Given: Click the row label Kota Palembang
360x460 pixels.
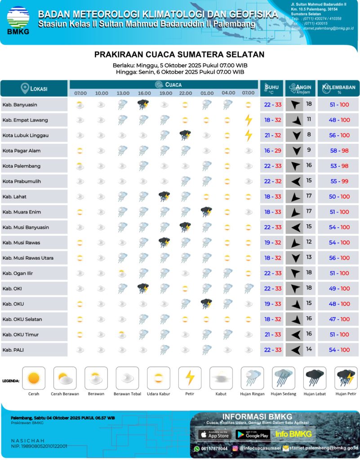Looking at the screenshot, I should coord(22,166).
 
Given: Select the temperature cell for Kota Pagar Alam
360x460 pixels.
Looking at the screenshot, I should coord(272,151).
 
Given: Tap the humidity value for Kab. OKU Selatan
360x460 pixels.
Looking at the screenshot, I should coord(339,319).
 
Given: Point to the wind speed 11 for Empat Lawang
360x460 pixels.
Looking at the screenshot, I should coord(309,120).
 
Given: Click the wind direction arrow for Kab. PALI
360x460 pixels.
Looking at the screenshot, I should coord(295,350).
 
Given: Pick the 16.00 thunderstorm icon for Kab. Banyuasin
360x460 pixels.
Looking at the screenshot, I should coord(143,105).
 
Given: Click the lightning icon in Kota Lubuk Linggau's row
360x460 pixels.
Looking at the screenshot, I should coord(248,135).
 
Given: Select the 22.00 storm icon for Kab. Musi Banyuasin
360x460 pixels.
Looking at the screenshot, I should coord(185,227).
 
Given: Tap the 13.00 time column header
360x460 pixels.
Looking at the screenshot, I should coord(123,93).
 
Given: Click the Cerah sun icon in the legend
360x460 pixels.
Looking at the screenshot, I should coord(34,378).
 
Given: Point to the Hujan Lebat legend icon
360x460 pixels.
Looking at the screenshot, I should coord(315,378).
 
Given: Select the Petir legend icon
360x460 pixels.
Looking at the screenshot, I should coord(190,378).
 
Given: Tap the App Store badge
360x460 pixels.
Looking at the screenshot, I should coord(214,434).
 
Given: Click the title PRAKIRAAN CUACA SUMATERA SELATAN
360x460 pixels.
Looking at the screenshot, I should coord(179,55).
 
